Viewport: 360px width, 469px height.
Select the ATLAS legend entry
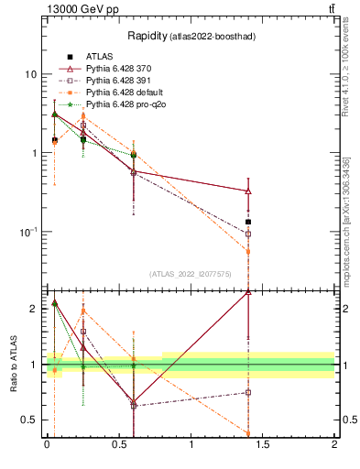(99, 57)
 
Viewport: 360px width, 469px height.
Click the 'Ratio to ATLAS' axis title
(12, 364)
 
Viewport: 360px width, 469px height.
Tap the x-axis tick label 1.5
(263, 443)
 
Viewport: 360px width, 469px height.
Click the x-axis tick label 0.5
(119, 443)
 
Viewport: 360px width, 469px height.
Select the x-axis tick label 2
(334, 443)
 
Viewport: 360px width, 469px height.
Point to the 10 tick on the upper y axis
(30, 74)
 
